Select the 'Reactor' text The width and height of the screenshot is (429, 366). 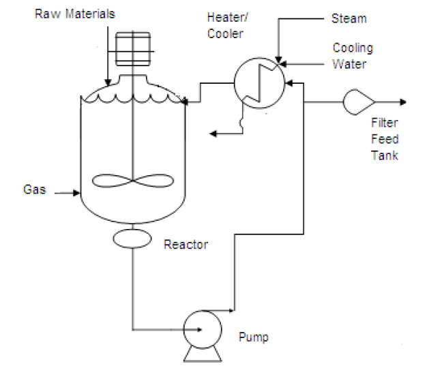pyautogui.click(x=186, y=245)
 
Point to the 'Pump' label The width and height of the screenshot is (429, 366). pyautogui.click(x=254, y=337)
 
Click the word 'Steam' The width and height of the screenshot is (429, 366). pyautogui.click(x=349, y=18)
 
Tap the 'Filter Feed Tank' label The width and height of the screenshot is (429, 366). pyautogui.click(x=385, y=139)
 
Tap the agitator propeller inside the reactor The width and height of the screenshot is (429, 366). pyautogui.click(x=134, y=181)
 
